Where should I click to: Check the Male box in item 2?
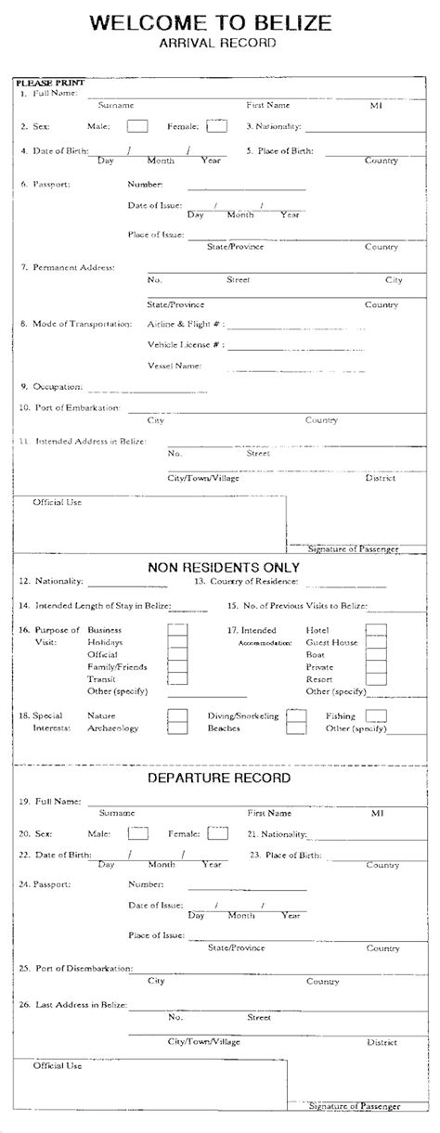[136, 125]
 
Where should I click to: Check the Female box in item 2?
[216, 125]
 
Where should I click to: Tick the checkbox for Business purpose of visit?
[176, 630]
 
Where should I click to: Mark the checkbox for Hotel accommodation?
[375, 630]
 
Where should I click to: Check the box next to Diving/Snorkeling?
[296, 715]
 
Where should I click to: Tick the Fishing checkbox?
[376, 715]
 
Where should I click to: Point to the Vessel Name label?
[175, 366]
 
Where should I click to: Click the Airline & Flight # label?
[184, 325]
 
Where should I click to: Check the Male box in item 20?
[137, 833]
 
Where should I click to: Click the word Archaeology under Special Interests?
[112, 728]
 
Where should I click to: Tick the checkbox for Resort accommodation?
[375, 679]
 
